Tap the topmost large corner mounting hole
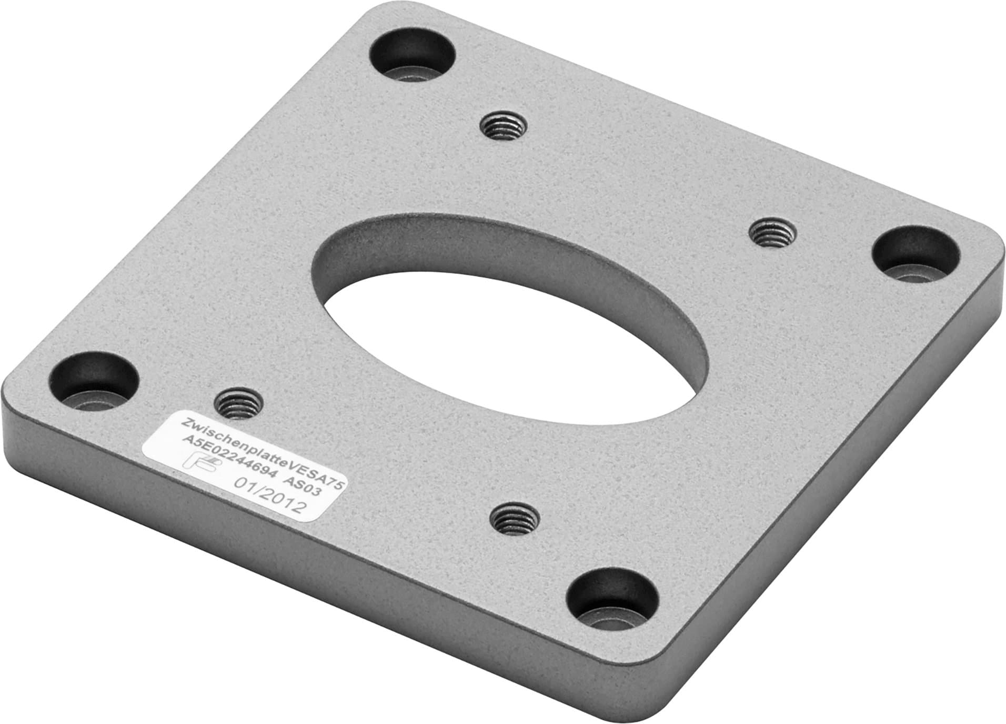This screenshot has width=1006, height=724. pyautogui.click(x=413, y=54)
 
